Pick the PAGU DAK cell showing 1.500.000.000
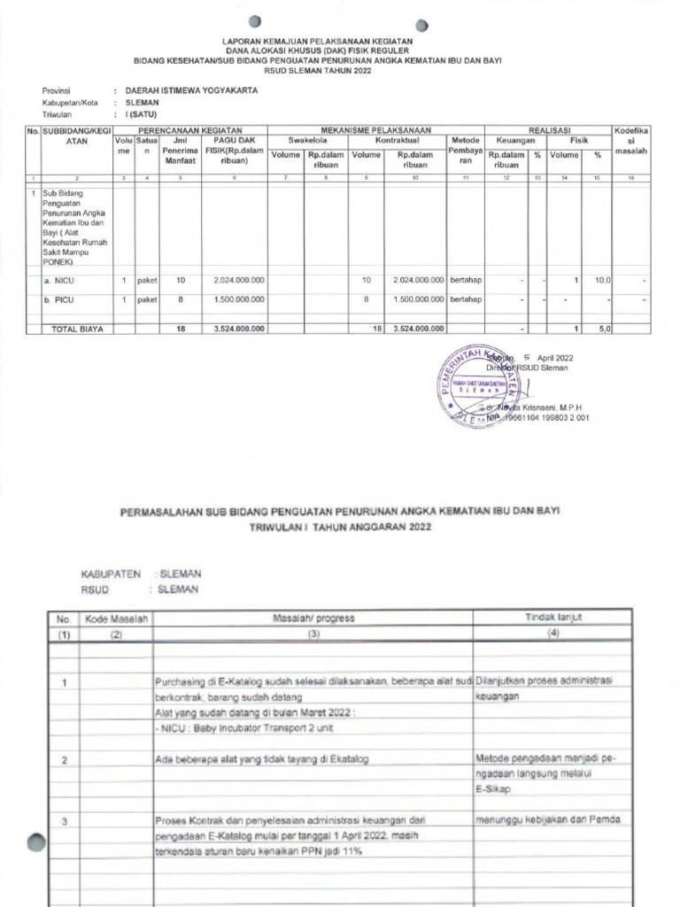[x=239, y=300]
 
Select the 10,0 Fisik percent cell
[x=601, y=281]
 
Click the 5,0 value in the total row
[x=602, y=329]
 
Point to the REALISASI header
[x=549, y=129]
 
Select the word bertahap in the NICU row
[x=465, y=281]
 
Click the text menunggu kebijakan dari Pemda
[x=548, y=818]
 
